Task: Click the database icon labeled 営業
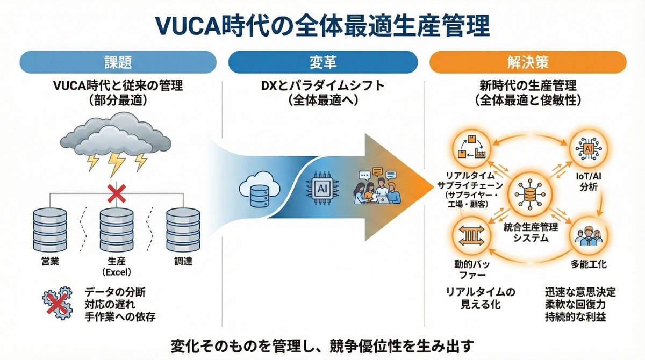click(50, 228)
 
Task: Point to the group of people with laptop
click(376, 188)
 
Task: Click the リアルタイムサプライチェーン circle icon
click(467, 146)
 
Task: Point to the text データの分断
click(114, 292)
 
